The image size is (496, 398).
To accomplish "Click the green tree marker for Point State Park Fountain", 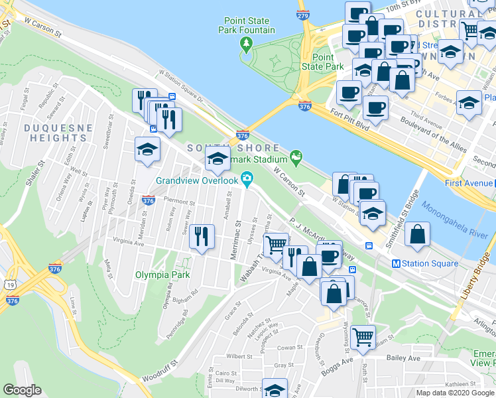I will pos(247,44).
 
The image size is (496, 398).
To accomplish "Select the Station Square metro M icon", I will pos(396,263).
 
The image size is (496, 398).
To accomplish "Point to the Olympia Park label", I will pos(162,275).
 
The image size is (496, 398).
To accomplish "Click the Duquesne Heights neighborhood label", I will pos(54,133).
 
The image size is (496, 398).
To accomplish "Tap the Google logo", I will pos(22,389).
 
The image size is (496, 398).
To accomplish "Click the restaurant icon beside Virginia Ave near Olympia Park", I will pos(202,237).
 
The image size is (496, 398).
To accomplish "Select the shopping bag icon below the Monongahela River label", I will pos(416,235).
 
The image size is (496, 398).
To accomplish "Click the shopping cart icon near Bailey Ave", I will pos(363,337).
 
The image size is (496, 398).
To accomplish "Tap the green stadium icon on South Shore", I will pos(295,158).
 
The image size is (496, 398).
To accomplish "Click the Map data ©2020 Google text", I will pos(454,393).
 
